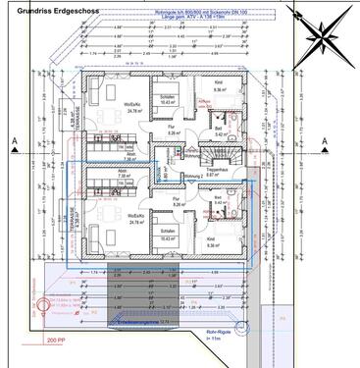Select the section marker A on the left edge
tap(9, 142)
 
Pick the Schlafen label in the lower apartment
tap(168, 237)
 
